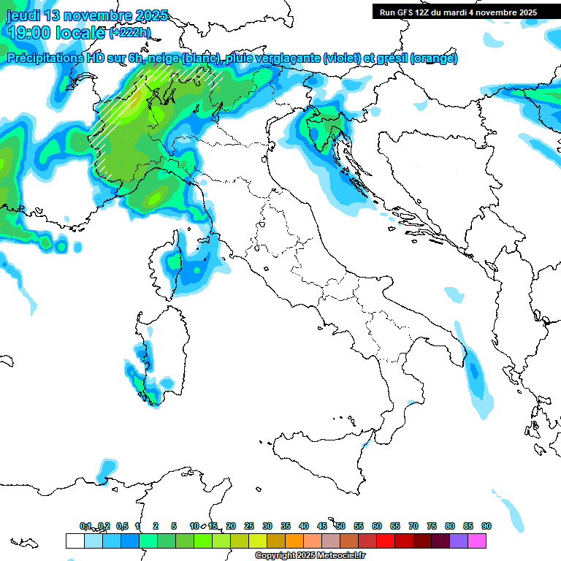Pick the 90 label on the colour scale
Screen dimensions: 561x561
(x=486, y=526)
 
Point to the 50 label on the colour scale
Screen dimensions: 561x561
(x=340, y=526)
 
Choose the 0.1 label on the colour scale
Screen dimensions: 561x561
(x=85, y=526)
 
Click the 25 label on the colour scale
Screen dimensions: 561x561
(x=249, y=526)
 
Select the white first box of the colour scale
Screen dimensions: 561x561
(x=75, y=541)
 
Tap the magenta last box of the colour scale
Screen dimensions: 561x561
(x=478, y=541)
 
